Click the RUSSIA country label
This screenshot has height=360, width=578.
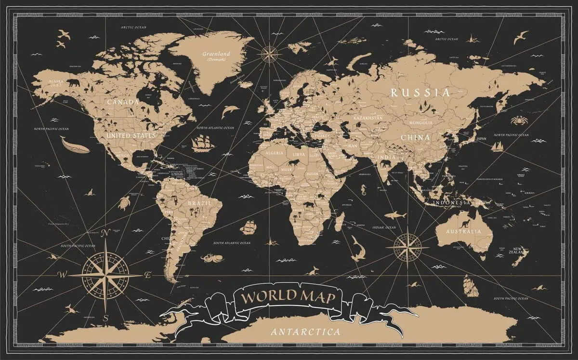420,92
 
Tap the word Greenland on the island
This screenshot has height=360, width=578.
216,54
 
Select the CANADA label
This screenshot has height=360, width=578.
123,102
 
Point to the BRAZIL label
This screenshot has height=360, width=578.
199,203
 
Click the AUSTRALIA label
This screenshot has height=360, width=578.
463,231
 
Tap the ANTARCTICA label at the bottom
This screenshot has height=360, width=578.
305,332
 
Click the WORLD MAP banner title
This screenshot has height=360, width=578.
288,296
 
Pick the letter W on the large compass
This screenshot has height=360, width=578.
62,275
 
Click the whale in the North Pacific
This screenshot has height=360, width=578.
74,145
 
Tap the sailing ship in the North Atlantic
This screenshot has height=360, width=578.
203,142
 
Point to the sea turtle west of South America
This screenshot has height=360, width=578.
124,203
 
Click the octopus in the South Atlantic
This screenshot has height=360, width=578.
212,258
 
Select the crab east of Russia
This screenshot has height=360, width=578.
519,120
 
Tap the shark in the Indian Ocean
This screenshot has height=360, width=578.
395,215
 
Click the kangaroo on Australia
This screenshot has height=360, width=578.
465,223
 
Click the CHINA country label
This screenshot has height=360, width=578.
415,138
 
